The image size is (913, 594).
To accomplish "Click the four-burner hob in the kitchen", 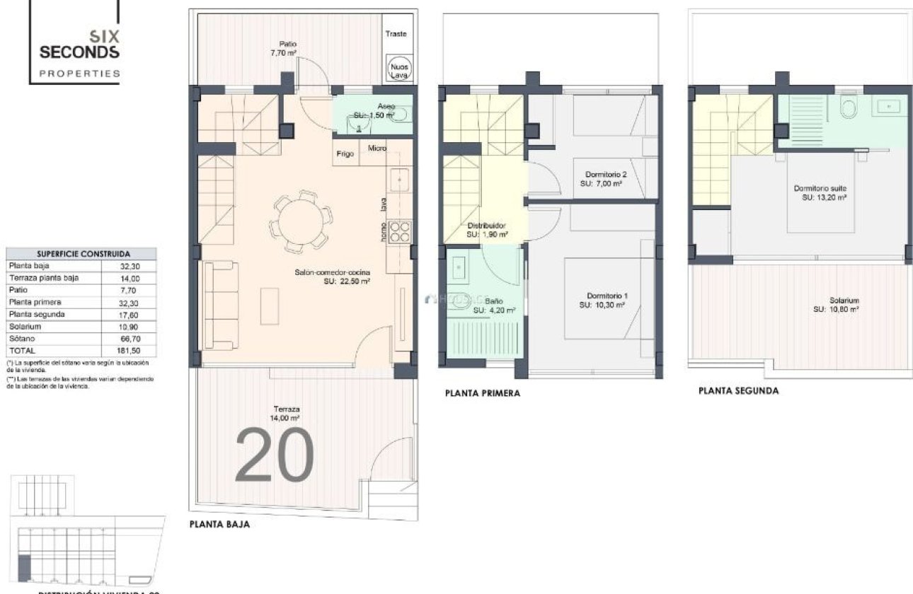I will pyautogui.click(x=400, y=231).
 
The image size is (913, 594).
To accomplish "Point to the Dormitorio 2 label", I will pyautogui.click(x=607, y=175).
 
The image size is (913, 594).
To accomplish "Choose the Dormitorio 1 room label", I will pyautogui.click(x=607, y=296).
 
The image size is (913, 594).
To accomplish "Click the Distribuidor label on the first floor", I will pyautogui.click(x=486, y=226).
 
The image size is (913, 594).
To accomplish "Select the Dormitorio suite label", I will pyautogui.click(x=820, y=189).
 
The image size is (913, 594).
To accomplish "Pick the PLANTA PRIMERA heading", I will pyautogui.click(x=482, y=394).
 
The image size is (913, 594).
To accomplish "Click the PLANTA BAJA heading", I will pyautogui.click(x=219, y=525).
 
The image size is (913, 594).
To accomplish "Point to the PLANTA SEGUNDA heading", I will pyautogui.click(x=738, y=390).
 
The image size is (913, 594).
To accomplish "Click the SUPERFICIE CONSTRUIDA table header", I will pyautogui.click(x=83, y=253).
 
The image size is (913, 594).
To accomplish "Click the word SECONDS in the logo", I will pyautogui.click(x=79, y=52).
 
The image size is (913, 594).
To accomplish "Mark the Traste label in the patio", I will pyautogui.click(x=396, y=34).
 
